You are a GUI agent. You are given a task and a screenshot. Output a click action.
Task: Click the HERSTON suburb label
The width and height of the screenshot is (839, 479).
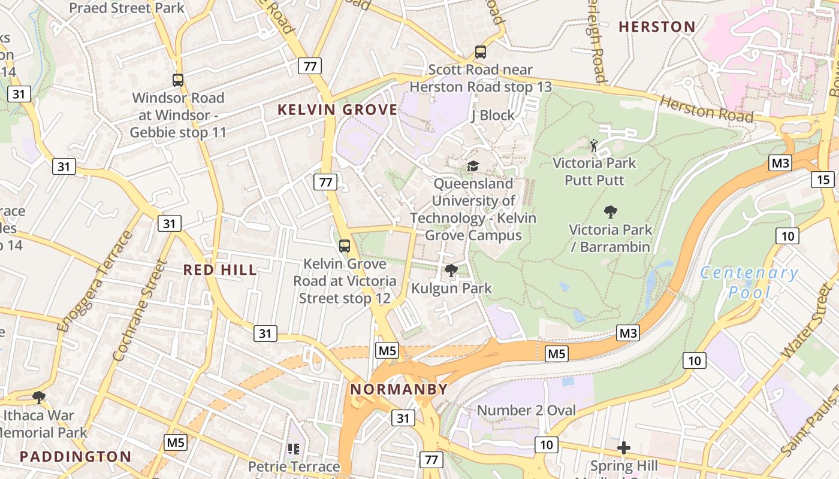(657, 27)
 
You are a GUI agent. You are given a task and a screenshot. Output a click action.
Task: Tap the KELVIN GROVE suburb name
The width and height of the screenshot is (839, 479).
(337, 110)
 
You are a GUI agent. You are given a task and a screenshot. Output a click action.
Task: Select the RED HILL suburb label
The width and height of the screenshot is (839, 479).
(220, 270)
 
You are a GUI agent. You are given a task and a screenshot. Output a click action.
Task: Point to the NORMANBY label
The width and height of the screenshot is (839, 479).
(399, 389)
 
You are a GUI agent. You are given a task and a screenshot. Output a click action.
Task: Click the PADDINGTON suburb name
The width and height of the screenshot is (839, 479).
(76, 456)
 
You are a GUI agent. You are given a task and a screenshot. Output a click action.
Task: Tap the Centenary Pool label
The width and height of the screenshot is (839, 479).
(749, 282)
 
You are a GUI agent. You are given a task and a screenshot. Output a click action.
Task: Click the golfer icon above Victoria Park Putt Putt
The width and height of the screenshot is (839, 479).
(594, 145)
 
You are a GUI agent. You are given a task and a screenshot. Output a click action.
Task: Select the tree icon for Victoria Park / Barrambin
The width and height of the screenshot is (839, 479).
(611, 211)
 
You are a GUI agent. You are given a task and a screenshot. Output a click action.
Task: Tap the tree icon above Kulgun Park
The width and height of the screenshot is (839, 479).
(451, 271)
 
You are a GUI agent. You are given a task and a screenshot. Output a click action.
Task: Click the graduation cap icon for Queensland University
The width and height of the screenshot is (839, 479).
(473, 166)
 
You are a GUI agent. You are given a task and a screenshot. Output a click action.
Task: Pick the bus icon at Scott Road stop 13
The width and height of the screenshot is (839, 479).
(481, 52)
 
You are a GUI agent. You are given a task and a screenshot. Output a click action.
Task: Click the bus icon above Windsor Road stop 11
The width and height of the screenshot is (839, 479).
(178, 80)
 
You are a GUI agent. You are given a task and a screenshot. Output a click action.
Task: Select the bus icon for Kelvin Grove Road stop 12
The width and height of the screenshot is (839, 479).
(345, 245)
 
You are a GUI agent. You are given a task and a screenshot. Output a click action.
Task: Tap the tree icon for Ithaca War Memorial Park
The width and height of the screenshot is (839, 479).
(39, 397)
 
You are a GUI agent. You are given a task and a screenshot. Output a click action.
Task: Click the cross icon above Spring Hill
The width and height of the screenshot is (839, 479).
(624, 448)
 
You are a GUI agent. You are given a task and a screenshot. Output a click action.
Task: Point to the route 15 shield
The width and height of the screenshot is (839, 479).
(823, 179)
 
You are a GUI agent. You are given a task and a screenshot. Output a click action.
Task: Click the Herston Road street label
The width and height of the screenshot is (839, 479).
(706, 110)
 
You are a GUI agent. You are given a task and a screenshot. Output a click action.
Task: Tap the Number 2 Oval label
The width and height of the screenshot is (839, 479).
(526, 410)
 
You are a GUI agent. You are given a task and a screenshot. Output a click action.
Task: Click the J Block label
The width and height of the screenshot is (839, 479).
(493, 115)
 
